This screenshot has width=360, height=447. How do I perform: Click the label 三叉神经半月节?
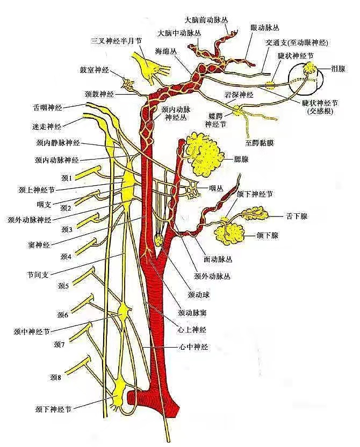click(117, 41)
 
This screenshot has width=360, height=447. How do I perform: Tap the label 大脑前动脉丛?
click(206, 20)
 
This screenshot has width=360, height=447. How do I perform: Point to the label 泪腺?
click(339, 69)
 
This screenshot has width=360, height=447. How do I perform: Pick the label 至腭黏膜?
click(260, 143)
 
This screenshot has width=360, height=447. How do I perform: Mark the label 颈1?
click(67, 177)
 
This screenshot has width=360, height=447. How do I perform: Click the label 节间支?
click(38, 275)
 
